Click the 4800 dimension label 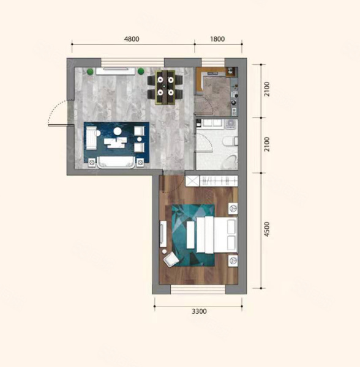coord(132,39)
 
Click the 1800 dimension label coord(217,39)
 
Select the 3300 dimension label coord(199,311)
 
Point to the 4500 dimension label coord(267,229)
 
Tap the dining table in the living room coord(165,87)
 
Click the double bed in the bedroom coord(216,234)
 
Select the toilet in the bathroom coord(231,141)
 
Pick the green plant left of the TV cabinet coord(90,72)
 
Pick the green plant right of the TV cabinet coord(141,72)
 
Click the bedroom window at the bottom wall coord(198,289)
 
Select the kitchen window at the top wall coord(213,62)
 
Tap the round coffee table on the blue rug coord(118,132)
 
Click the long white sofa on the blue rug coord(116,162)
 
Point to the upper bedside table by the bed coord(233,209)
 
